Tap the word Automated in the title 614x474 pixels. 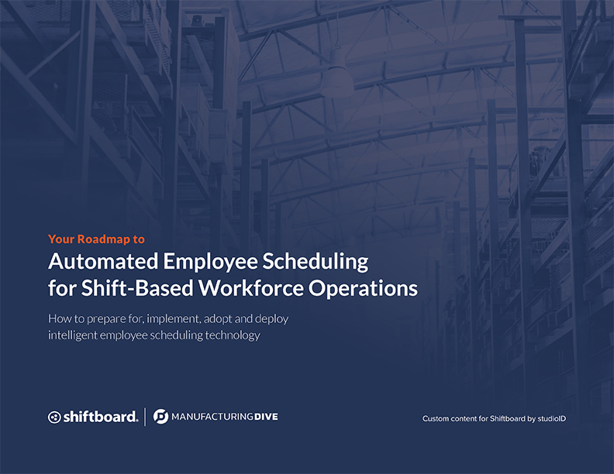103,261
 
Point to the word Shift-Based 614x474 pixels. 137,288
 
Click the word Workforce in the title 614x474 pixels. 251,288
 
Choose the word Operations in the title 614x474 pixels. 363,289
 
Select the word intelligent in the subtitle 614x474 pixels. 72,335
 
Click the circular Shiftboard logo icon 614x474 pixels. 54,417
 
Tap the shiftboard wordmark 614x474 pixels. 100,417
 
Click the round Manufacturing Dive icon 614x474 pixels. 160,417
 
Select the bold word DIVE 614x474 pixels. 266,417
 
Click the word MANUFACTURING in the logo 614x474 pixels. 212,417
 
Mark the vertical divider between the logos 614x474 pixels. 145,417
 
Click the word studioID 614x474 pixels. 551,418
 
